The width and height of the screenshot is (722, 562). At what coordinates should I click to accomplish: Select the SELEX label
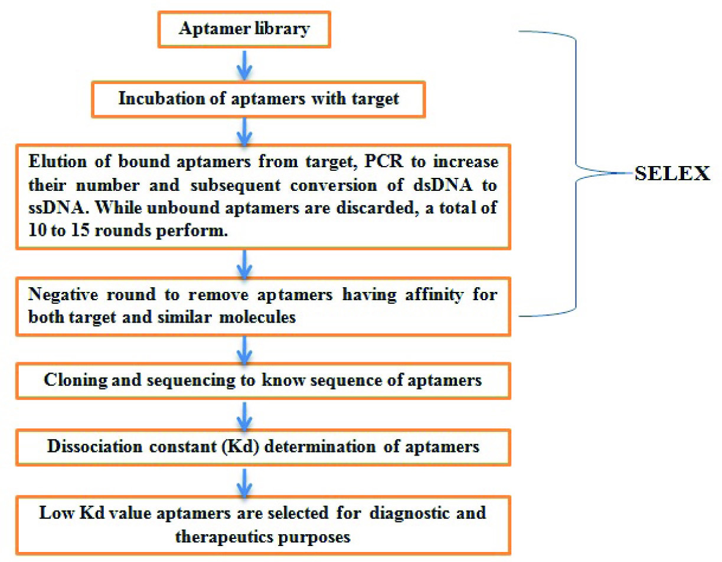[672, 174]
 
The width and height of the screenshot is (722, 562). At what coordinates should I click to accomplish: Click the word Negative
[60, 294]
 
